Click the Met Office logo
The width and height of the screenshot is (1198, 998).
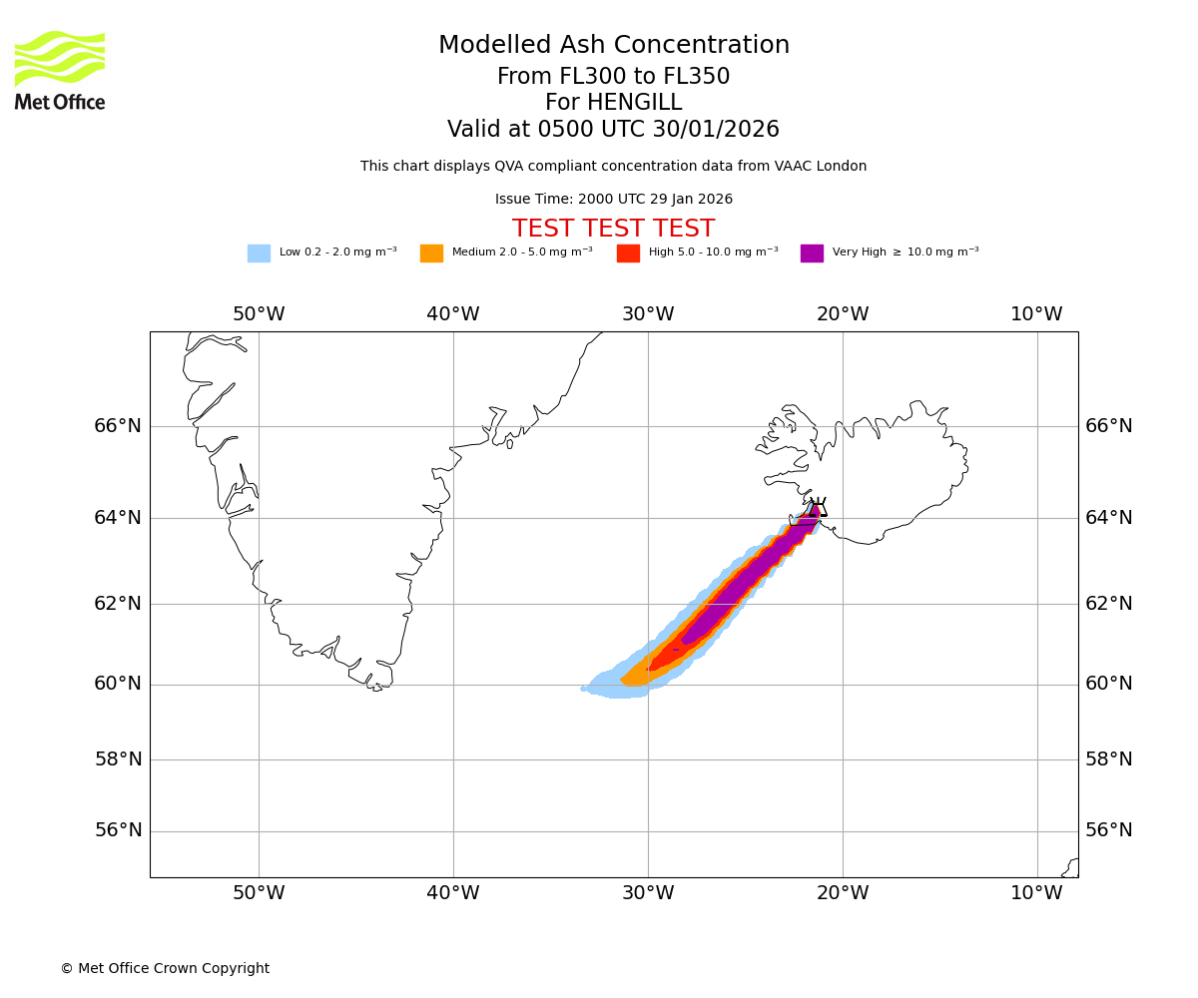coord(60,70)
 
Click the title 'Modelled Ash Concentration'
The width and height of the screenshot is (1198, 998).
coord(614,46)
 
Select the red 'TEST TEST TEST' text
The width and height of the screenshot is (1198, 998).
coord(613,229)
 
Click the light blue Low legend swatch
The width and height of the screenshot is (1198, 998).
coord(259,253)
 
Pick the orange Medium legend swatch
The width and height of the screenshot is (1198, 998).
coord(431,253)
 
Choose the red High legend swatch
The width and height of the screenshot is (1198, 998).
coord(628,253)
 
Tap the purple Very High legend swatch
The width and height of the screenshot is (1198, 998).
coord(812,253)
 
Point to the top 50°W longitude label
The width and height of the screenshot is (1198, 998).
coord(259,314)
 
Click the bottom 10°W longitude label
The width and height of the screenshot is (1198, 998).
coord(1036,893)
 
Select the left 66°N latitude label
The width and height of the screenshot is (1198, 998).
coord(118,426)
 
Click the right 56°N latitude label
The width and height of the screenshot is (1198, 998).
coord(1109,830)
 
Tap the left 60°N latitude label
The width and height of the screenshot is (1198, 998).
coord(118,684)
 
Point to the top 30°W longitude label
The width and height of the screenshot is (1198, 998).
coord(648,314)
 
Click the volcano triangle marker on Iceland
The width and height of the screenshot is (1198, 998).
coord(819,508)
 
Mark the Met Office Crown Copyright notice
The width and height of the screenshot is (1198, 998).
coord(165,968)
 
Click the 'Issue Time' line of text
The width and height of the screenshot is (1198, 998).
coord(613,200)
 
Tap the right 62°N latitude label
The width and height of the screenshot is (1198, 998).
coord(1109,603)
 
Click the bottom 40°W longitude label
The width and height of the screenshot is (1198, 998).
coord(453,893)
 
